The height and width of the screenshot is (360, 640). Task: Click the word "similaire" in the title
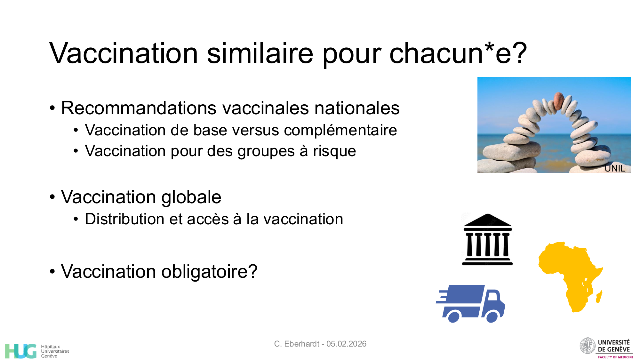[260, 53]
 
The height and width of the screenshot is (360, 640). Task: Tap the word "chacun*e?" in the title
[458, 54]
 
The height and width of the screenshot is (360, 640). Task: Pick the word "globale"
[191, 197]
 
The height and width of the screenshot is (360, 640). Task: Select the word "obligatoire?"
[209, 272]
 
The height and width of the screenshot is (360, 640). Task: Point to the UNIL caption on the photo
[614, 168]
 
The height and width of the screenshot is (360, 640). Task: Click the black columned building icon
[487, 240]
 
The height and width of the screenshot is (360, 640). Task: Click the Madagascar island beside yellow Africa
[599, 297]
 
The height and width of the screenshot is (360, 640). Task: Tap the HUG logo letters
[21, 351]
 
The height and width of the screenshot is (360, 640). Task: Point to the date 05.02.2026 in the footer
[346, 344]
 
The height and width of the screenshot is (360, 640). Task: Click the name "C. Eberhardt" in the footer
[297, 344]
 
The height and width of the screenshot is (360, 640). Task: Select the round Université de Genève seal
[588, 346]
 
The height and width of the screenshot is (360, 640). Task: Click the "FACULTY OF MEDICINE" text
[615, 357]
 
